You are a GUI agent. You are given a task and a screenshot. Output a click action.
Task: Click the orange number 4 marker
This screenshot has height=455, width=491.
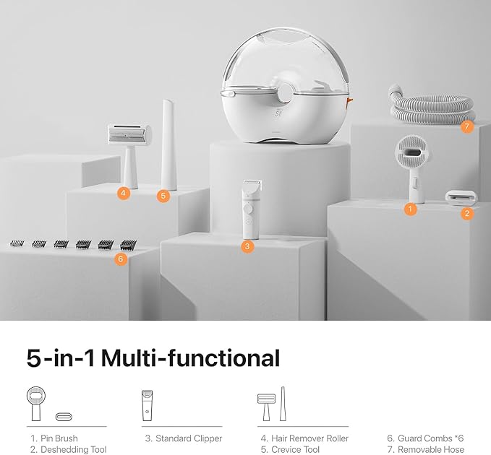pyautogui.click(x=124, y=193)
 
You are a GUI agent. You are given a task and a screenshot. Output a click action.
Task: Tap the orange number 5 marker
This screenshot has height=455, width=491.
pyautogui.click(x=163, y=196)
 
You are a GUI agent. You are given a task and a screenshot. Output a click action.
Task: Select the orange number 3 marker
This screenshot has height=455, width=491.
pyautogui.click(x=247, y=246)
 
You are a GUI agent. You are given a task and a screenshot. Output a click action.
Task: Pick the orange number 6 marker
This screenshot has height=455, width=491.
pyautogui.click(x=121, y=259)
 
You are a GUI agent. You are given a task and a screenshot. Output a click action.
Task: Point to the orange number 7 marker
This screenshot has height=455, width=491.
pyautogui.click(x=467, y=126)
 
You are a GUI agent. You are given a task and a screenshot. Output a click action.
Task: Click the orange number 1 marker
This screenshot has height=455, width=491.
pyautogui.click(x=410, y=209)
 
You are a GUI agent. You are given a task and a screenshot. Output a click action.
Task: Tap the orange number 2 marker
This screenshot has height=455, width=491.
pyautogui.click(x=467, y=214)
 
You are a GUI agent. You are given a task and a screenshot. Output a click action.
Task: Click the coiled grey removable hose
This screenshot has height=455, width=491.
pyautogui.click(x=432, y=106)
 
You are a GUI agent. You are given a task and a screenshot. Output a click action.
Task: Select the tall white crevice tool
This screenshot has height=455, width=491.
pyautogui.click(x=168, y=144)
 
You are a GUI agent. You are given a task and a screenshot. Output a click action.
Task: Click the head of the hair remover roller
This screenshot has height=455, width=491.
pyautogui.click(x=129, y=134)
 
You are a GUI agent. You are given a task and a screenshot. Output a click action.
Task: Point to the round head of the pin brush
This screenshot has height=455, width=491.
pyautogui.click(x=411, y=152)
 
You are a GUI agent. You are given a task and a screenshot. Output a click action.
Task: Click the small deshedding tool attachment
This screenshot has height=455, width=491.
pyautogui.click(x=461, y=196)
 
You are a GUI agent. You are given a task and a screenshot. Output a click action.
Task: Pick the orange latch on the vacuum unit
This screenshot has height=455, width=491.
pyautogui.click(x=349, y=100)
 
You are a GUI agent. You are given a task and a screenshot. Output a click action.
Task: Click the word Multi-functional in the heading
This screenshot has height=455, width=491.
pyautogui.click(x=190, y=358)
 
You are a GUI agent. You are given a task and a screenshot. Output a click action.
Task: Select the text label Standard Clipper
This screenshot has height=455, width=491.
pyautogui.click(x=189, y=438)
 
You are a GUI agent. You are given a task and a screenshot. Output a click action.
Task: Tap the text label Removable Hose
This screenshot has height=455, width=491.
pyautogui.click(x=431, y=450)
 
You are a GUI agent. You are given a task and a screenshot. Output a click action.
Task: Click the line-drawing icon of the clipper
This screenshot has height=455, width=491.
pyautogui.click(x=148, y=406)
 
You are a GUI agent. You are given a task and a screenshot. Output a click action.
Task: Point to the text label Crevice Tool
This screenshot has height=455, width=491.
pyautogui.click(x=295, y=450)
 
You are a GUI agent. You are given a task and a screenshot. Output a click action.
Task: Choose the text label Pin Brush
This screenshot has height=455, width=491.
pyautogui.click(x=59, y=438)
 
